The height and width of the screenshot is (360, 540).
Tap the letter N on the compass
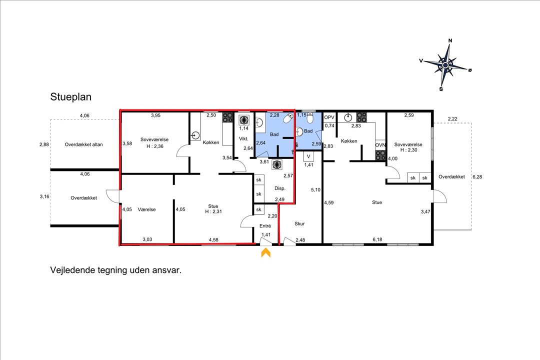(x=450, y=41)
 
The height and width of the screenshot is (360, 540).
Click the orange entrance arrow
(x=265, y=253)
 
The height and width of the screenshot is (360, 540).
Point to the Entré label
(x=264, y=226)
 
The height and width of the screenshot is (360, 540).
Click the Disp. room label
(x=280, y=188)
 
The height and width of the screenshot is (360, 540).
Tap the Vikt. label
(x=244, y=138)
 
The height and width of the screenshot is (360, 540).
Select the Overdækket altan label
(x=83, y=144)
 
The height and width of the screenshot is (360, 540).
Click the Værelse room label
(x=147, y=209)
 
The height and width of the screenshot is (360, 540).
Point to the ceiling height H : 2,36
(x=152, y=146)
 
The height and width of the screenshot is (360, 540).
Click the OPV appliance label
(x=329, y=117)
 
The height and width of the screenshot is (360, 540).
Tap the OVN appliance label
(x=380, y=146)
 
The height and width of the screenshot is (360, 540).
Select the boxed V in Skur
(x=309, y=156)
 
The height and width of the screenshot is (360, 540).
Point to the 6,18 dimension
(x=377, y=239)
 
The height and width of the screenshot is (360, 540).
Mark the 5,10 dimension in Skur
(x=315, y=190)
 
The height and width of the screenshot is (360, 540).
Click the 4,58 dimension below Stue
(x=213, y=239)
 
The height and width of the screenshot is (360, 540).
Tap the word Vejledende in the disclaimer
(x=73, y=270)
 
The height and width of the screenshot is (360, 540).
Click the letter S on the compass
(x=441, y=89)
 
